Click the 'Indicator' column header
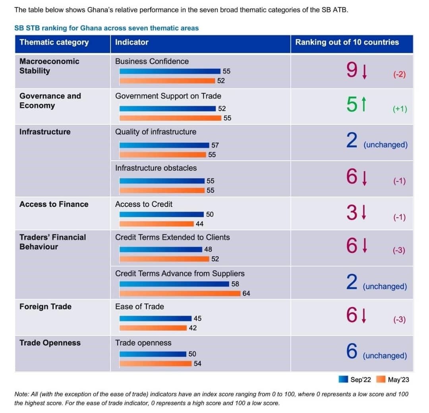point(131,42)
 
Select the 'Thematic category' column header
point(54,43)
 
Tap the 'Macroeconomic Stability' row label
point(49,66)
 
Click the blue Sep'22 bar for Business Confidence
point(170,71)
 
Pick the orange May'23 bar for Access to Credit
point(157,224)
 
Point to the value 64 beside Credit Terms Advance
point(246,293)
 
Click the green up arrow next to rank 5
point(363,105)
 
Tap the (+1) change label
point(400,109)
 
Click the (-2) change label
point(400,74)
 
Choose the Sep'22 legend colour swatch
point(343,379)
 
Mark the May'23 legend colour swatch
point(381,379)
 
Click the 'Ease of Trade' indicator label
point(139,306)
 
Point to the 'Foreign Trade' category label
point(45,306)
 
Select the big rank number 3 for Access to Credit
point(352,213)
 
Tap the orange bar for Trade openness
point(155,363)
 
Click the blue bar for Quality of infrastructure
point(164,145)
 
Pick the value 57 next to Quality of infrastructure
point(215,145)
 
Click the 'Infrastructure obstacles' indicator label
point(156,168)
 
